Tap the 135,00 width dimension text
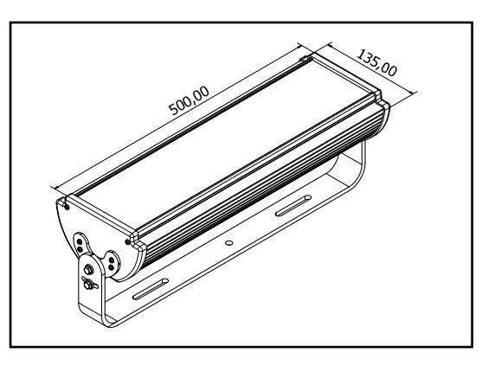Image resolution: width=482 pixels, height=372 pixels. click(376, 63)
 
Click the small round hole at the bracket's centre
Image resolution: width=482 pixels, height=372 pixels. click(228, 244)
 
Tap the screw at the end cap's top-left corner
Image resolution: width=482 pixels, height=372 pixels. click(66, 204)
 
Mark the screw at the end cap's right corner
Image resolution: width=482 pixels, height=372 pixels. click(128, 241)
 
